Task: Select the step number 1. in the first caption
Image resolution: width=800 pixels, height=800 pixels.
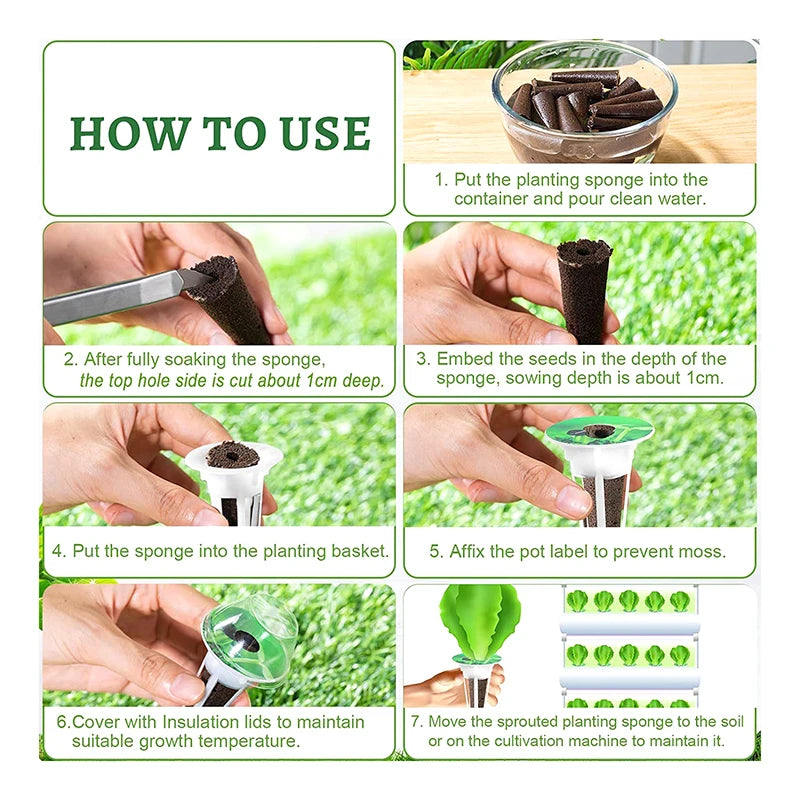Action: click(x=441, y=180)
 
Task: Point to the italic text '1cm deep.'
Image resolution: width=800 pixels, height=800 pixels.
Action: click(x=345, y=381)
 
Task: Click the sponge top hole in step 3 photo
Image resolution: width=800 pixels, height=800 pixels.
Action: click(x=584, y=251)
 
